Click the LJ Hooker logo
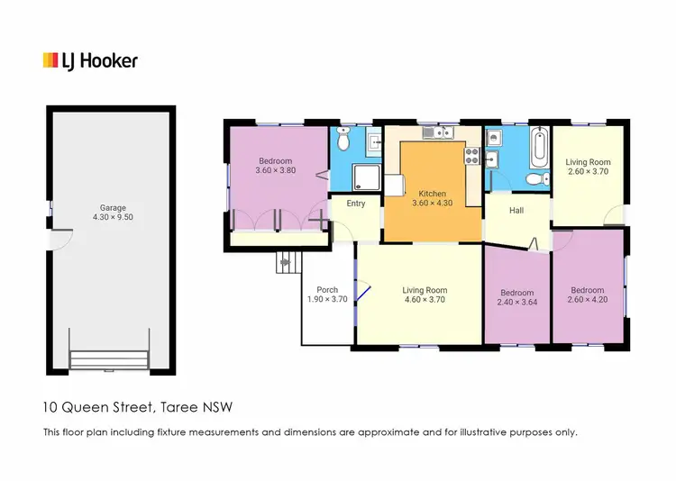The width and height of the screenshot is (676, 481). [x=90, y=60]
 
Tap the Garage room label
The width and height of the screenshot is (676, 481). [x=114, y=207]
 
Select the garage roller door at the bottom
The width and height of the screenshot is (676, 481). [x=109, y=360]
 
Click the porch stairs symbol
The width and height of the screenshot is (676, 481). [x=287, y=263]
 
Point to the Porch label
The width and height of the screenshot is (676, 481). [x=326, y=290]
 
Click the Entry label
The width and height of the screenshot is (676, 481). [x=356, y=204]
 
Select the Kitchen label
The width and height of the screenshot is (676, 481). [x=432, y=194]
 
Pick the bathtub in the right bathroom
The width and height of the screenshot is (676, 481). [x=539, y=147]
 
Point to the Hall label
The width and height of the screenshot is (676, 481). [x=516, y=211]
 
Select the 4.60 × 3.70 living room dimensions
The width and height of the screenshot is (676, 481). [x=425, y=301]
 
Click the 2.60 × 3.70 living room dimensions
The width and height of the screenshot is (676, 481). [x=589, y=171]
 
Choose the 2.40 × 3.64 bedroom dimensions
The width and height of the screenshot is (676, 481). [x=517, y=304]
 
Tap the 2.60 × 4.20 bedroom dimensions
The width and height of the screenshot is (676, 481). [x=589, y=301]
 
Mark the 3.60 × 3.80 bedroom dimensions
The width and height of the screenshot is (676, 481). [x=275, y=171]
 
